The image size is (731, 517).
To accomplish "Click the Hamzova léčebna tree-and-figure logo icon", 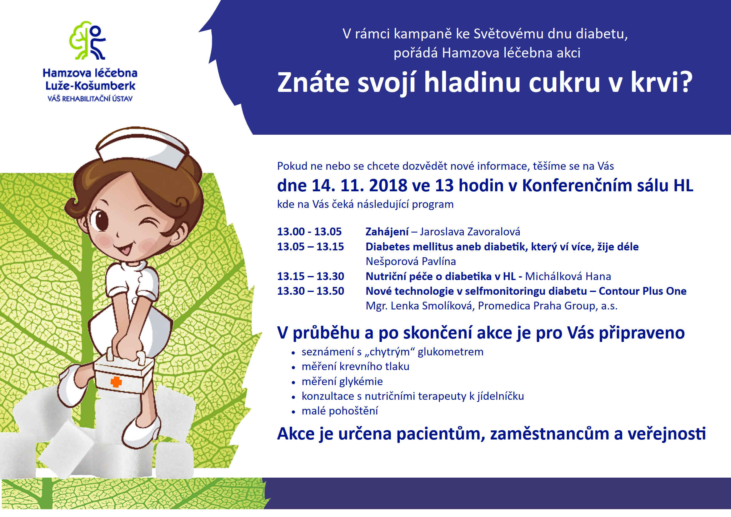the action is click(88, 40).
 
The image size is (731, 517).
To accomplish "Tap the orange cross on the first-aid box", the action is click(116, 382).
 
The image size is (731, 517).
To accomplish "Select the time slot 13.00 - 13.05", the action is click(309, 231).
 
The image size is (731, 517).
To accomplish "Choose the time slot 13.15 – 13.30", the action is click(310, 276).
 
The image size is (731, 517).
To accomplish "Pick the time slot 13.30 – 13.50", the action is click(310, 291).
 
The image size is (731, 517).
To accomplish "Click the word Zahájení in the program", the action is click(387, 232).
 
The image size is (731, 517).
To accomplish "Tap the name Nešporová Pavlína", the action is click(411, 261).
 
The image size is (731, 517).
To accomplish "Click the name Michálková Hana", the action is click(568, 276).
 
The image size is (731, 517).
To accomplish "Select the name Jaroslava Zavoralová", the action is click(470, 231).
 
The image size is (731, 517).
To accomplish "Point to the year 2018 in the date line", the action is click(388, 185).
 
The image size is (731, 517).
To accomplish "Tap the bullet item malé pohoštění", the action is click(340, 411).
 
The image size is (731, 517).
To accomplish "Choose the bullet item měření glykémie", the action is click(342, 382).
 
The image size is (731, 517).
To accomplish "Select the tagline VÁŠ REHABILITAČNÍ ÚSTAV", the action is click(90, 99).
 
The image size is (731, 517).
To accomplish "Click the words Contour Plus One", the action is click(643, 291).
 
